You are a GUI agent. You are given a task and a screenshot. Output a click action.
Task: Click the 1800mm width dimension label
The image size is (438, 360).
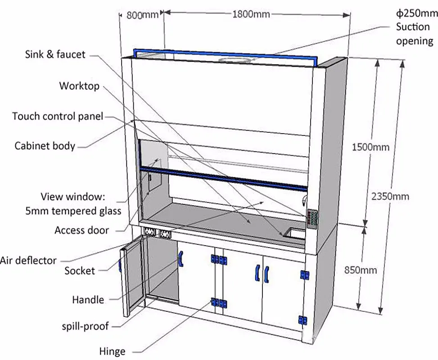click(x=251, y=14)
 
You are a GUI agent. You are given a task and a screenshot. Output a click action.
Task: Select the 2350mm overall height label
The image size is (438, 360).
click(x=390, y=196)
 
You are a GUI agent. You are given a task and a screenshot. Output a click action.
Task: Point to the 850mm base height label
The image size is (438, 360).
click(x=360, y=270)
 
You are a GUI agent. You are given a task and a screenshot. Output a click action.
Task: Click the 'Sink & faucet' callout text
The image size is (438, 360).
click(x=55, y=54)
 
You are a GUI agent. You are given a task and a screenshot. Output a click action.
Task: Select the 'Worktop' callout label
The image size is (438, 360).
click(x=79, y=86)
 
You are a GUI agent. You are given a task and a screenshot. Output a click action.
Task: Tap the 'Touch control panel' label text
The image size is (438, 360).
click(x=58, y=117)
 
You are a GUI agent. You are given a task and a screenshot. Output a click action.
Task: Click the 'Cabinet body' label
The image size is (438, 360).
click(x=45, y=146)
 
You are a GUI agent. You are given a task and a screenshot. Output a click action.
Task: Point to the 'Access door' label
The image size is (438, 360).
click(x=81, y=230)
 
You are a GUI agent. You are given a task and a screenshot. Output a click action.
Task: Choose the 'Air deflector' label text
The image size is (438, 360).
click(x=28, y=260)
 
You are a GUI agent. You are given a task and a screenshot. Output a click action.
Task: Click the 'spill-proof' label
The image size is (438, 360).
click(x=85, y=325)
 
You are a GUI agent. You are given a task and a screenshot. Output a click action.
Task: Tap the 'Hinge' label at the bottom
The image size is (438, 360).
click(x=112, y=351)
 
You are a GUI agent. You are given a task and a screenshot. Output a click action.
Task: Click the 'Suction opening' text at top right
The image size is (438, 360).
click(x=414, y=34)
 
